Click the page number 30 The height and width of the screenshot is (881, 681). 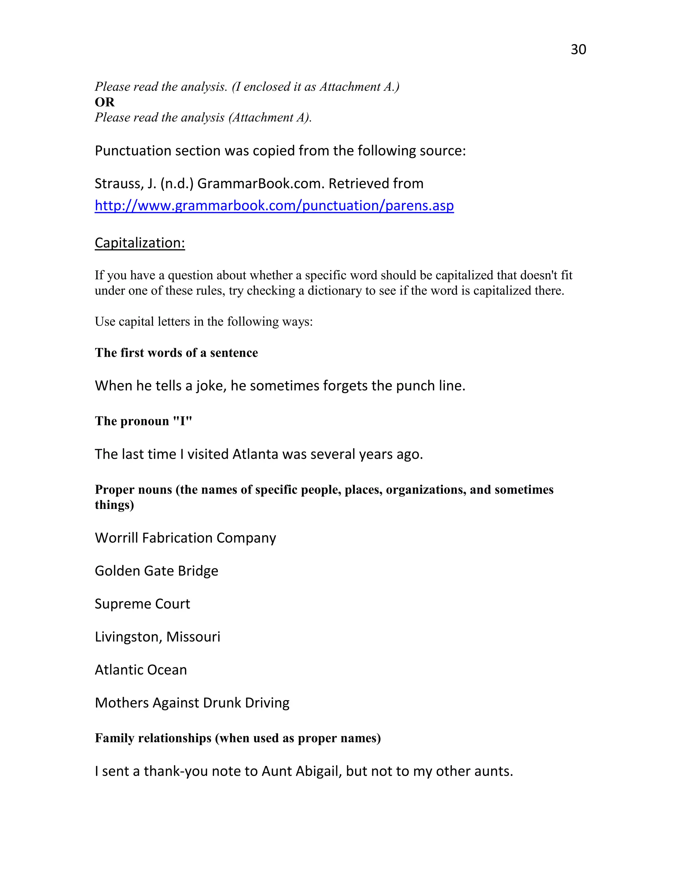(x=578, y=49)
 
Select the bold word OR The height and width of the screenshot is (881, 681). (x=104, y=102)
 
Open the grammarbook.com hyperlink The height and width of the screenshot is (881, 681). (x=274, y=206)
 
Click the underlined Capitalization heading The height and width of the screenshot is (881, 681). (x=140, y=243)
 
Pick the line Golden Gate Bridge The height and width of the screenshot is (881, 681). (x=156, y=571)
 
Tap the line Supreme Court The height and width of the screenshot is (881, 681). (x=142, y=604)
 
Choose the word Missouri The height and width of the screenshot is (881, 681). (x=193, y=637)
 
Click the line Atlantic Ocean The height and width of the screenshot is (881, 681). (x=140, y=670)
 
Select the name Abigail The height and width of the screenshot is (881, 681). (x=317, y=771)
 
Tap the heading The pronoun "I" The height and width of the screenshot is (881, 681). (x=143, y=421)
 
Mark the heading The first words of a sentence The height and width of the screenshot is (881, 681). (x=176, y=353)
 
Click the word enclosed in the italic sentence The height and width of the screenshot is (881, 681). (x=267, y=87)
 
